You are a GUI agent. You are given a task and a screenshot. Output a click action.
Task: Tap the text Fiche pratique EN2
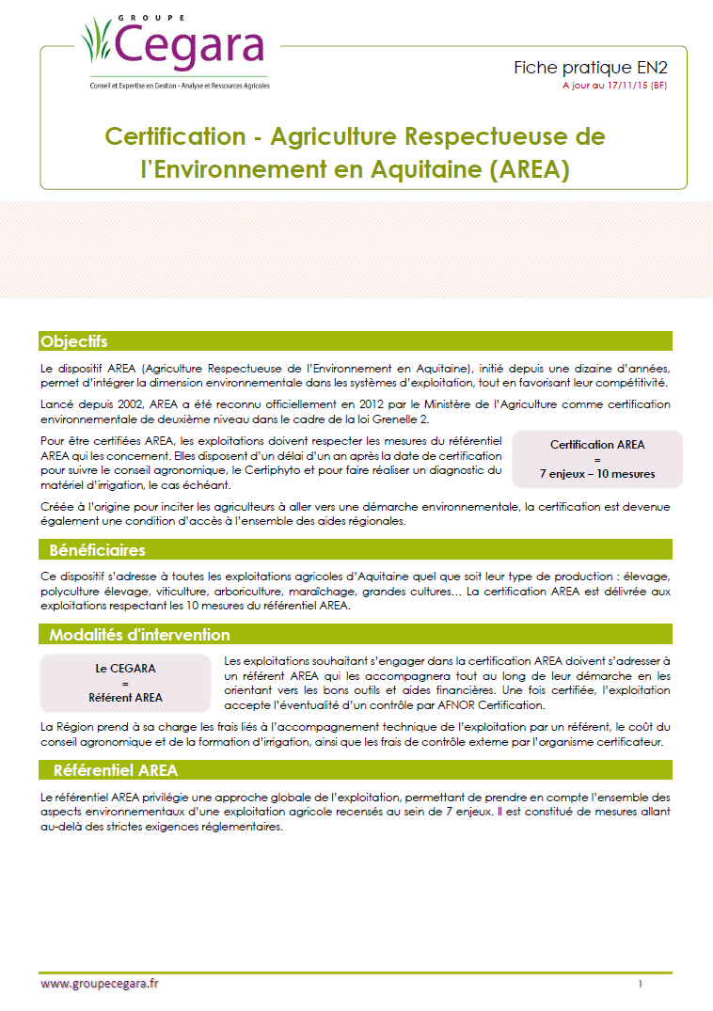(x=591, y=68)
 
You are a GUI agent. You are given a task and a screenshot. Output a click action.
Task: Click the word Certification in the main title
(x=174, y=135)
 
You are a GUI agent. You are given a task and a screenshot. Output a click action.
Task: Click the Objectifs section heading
(x=73, y=341)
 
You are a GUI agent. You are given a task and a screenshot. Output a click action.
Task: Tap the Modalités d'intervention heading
(x=138, y=635)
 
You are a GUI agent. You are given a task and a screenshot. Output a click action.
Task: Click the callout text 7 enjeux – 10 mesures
(x=597, y=474)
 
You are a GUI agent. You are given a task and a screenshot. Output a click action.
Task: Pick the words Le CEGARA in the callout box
(x=125, y=668)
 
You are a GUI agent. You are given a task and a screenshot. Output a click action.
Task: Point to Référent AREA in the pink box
(x=125, y=698)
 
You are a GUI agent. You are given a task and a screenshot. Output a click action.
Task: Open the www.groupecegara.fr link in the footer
(x=99, y=984)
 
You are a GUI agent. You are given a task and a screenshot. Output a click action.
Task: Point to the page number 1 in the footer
(x=640, y=985)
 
